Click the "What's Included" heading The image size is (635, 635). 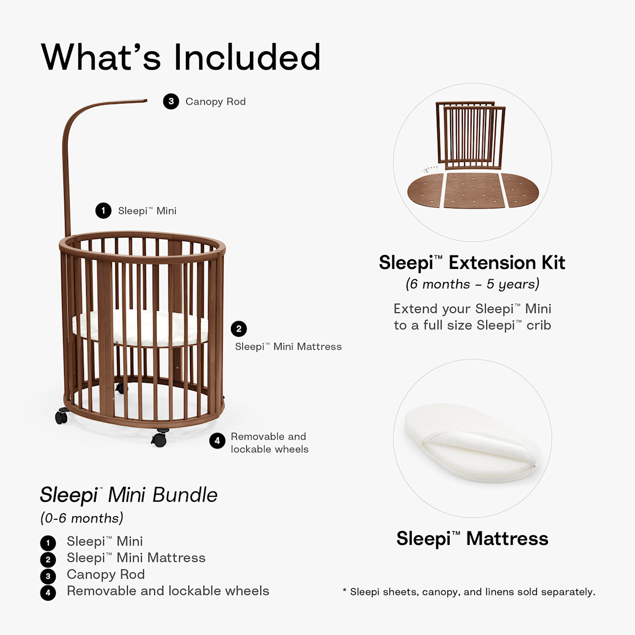(181, 57)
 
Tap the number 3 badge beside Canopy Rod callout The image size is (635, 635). (171, 101)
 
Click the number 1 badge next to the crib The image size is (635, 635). (103, 210)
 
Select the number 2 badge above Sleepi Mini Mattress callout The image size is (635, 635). (239, 329)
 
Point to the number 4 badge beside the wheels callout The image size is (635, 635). (217, 440)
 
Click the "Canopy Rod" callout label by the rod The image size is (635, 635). (216, 101)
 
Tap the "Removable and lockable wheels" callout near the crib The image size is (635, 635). (269, 443)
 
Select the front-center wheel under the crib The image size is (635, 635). (159, 438)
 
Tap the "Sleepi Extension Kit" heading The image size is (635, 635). (472, 263)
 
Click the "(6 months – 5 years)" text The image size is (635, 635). (472, 284)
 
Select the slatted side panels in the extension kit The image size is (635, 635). (471, 135)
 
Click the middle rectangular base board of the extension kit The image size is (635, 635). (473, 190)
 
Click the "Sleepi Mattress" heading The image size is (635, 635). (472, 539)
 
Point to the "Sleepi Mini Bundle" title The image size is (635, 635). (129, 495)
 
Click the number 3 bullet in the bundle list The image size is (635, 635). (48, 576)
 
